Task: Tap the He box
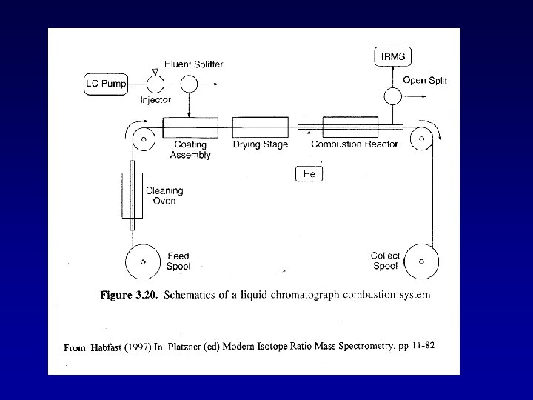pyautogui.click(x=309, y=173)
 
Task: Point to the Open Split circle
pyautogui.click(x=392, y=96)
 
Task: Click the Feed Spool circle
pyautogui.click(x=143, y=261)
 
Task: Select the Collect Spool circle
pyautogui.click(x=421, y=261)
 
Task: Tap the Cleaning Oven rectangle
pyautogui.click(x=133, y=196)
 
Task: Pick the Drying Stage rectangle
pyautogui.click(x=260, y=127)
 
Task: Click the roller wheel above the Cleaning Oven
pyautogui.click(x=143, y=138)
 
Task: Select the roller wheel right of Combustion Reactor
pyautogui.click(x=421, y=138)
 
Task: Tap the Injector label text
pyautogui.click(x=155, y=99)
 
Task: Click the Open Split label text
pyautogui.click(x=425, y=80)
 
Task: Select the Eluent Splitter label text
pyautogui.click(x=194, y=64)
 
